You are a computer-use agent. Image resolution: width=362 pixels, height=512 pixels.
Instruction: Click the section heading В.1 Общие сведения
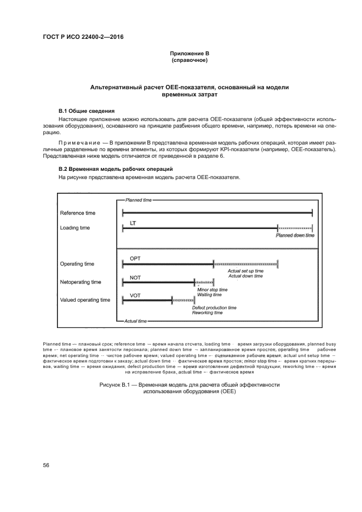click(x=83, y=111)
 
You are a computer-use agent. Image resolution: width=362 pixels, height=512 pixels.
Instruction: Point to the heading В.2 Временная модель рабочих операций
click(x=116, y=169)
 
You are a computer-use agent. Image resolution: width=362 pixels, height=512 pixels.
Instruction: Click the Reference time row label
click(x=77, y=212)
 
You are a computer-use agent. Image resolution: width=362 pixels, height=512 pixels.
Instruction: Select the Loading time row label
click(x=75, y=228)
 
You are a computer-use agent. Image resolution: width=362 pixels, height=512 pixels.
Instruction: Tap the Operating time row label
click(x=77, y=264)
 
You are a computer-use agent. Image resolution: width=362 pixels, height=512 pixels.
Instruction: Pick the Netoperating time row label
click(x=81, y=282)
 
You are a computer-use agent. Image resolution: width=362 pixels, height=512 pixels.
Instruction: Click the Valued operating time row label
click(x=85, y=300)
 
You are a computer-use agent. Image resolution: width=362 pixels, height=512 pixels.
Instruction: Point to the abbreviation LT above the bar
click(x=133, y=223)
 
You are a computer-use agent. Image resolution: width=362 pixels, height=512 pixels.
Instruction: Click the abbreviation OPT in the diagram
click(x=135, y=258)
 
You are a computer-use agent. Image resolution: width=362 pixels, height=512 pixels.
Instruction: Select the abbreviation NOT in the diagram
click(x=135, y=277)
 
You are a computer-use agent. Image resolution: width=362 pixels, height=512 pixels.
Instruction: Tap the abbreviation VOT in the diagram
click(x=135, y=295)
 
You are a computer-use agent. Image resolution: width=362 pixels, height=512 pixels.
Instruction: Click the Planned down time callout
click(x=295, y=235)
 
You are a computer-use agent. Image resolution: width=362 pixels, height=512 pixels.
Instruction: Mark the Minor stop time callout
click(x=212, y=289)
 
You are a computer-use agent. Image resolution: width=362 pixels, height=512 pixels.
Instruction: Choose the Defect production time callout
click(x=214, y=308)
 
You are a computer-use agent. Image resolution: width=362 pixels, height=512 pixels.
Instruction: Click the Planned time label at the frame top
click(x=139, y=200)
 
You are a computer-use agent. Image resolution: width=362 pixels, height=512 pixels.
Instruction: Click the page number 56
click(x=47, y=465)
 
